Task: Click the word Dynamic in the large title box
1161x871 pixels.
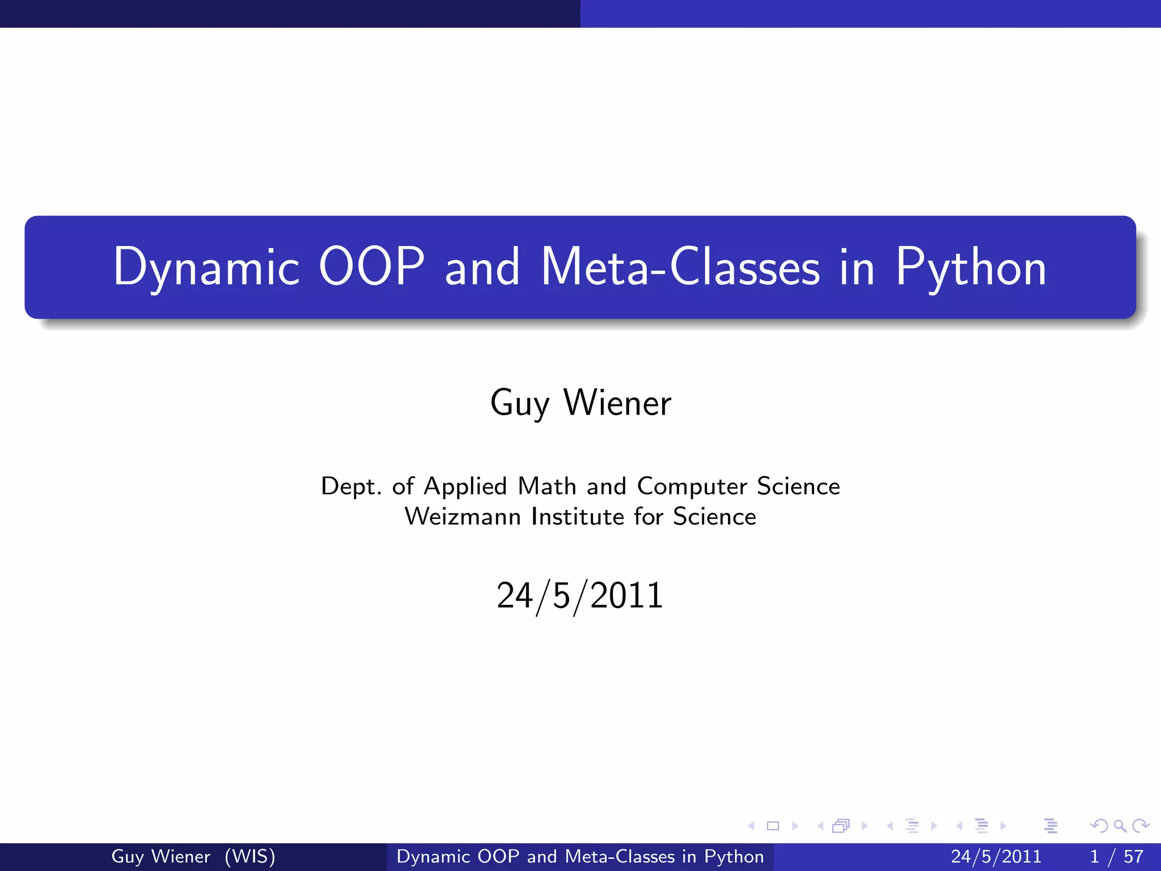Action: [x=206, y=268]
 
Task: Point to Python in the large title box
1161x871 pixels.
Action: [x=971, y=268]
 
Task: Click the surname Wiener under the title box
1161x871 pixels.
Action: [x=617, y=403]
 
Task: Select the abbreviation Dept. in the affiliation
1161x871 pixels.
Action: [x=351, y=487]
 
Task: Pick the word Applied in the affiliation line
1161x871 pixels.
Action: [x=465, y=487]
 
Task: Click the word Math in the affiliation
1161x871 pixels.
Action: [x=547, y=487]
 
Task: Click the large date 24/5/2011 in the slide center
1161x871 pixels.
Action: [x=580, y=596]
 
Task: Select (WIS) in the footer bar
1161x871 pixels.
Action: [x=249, y=856]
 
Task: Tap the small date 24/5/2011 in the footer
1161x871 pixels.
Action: [x=996, y=856]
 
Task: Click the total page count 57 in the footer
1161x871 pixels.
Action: [x=1133, y=856]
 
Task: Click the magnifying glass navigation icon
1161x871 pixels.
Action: [x=1120, y=826]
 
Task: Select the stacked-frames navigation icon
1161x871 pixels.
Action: [x=841, y=826]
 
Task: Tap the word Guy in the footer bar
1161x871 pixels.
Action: [x=127, y=856]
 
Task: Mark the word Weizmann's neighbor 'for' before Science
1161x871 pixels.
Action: [x=648, y=517]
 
